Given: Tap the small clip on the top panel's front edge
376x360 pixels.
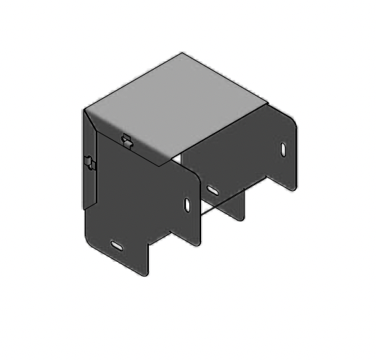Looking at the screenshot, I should click(126, 139).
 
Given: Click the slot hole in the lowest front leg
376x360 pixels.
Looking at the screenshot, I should click(117, 245).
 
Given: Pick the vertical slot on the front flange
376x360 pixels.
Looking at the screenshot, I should click(187, 205).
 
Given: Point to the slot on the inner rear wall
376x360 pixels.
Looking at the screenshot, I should click(213, 189).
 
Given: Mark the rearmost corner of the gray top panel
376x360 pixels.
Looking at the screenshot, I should click(183, 53).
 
